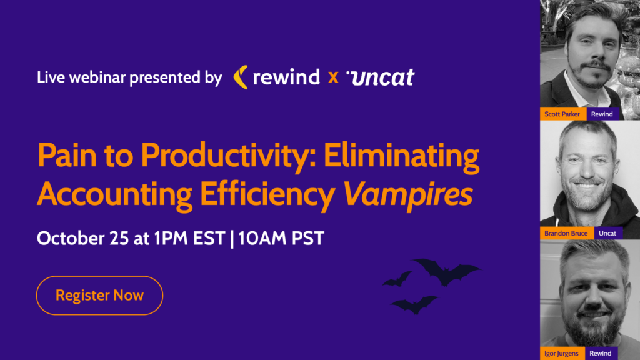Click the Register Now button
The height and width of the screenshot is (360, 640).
coord(99,295)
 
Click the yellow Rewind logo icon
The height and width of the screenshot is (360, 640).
coord(241,77)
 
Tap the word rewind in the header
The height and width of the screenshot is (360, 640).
coord(286,77)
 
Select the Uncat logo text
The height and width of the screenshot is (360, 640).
coord(381,77)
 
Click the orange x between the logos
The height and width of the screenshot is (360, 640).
coord(333,77)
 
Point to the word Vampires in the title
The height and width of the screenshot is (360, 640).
coord(407,194)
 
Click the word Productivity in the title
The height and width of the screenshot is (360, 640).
coord(228,156)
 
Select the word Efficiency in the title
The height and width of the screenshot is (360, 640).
coord(267,194)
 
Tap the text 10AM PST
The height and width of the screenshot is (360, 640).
coord(282,238)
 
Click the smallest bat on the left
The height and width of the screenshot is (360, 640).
coord(397,279)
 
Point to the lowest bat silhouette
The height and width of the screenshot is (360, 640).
coord(415,305)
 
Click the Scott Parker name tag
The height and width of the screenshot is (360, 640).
coord(563,114)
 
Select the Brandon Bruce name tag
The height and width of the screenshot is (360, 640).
coord(566,234)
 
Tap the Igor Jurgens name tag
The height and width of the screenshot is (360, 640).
coord(562,354)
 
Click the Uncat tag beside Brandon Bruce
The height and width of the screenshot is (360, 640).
coord(607,234)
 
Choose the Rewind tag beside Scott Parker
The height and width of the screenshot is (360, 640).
coord(602,114)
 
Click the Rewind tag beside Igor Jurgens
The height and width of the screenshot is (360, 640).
coord(601,354)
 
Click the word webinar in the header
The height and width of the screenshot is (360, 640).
coord(97,77)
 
